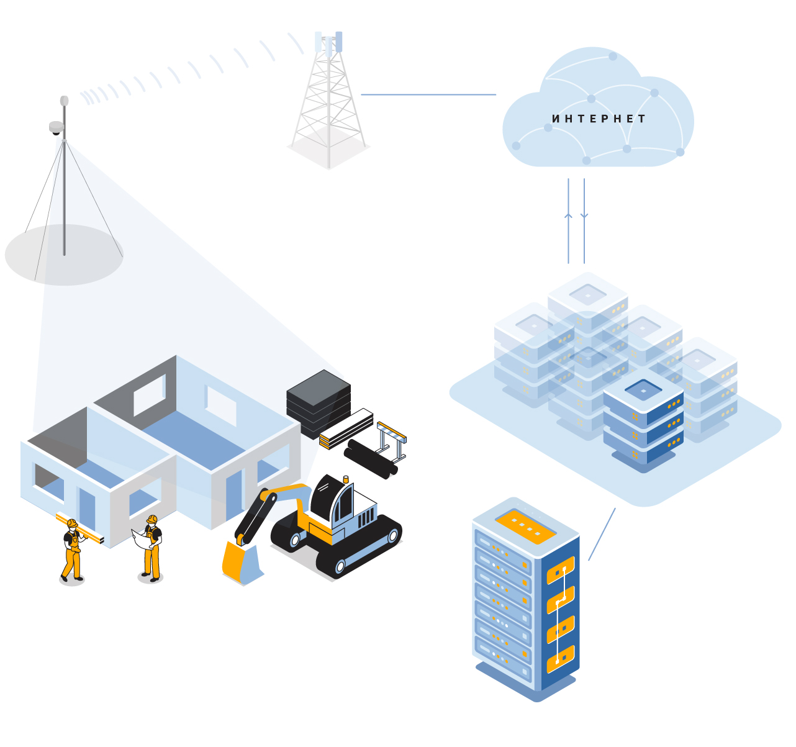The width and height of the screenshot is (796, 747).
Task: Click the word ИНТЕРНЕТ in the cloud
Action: click(x=599, y=119)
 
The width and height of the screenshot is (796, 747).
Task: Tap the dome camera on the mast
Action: click(x=57, y=129)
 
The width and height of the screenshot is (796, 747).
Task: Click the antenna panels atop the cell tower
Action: click(x=328, y=42)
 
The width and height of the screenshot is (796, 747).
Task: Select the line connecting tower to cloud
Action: click(x=428, y=95)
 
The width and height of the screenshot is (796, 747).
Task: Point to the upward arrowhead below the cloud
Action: click(x=568, y=215)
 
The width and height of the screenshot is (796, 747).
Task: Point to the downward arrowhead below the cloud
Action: click(x=584, y=215)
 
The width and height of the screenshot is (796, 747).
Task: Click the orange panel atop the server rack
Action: click(x=525, y=526)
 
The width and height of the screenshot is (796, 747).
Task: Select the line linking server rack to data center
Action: click(x=602, y=534)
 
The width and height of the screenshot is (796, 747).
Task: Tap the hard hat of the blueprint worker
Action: click(x=152, y=518)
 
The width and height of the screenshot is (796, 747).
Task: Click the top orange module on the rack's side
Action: click(x=561, y=570)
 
